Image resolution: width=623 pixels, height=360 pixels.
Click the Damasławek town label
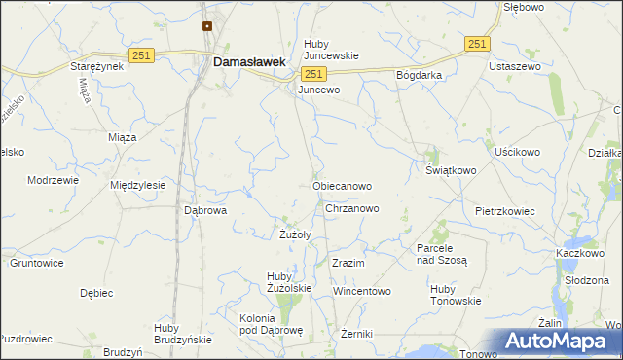249,61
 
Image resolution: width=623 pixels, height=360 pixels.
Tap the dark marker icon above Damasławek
207,26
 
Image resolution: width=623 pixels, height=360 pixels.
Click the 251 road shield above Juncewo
312,74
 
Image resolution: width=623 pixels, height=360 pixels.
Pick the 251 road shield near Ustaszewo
477,44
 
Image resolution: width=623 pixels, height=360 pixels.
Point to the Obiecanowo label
342,185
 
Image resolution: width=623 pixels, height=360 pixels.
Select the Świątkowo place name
451,170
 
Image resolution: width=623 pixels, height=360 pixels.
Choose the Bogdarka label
420,75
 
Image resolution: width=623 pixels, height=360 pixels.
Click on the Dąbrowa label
205,209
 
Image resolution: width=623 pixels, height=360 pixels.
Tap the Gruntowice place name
36,263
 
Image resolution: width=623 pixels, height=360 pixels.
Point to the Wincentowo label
361,291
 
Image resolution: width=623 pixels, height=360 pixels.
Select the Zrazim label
348,264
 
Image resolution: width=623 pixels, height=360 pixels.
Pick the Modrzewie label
52,181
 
